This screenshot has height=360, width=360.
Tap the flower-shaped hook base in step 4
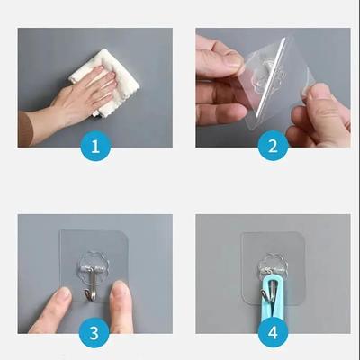(271, 265)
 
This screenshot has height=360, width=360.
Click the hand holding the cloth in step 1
(76, 99)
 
